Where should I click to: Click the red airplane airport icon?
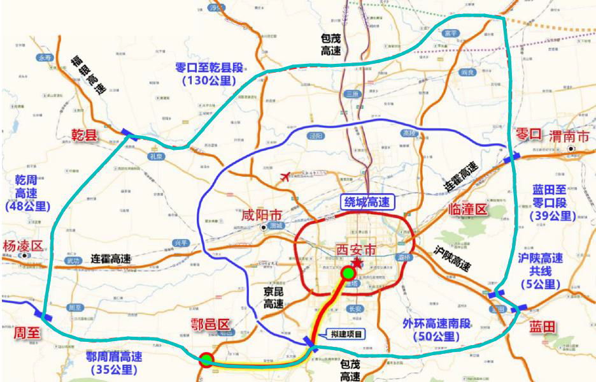coord(285,177)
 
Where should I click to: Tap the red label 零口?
coord(528,135)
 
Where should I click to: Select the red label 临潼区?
coord(467,209)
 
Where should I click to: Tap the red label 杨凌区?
coord(22,246)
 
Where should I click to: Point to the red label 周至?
coord(27,332)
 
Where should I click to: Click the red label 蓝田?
coord(543,327)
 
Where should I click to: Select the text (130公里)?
coord(209,80)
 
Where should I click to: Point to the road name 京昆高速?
coord(273,298)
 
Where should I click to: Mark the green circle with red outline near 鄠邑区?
coord(206,360)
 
